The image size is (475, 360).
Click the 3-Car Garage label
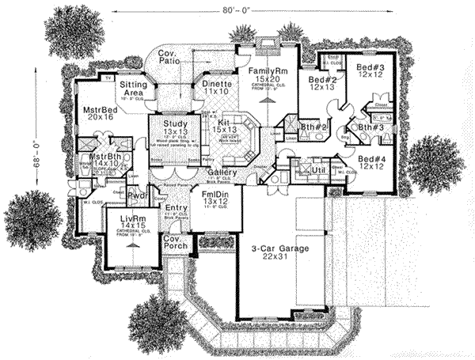coord(278,248)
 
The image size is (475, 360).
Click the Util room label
coord(319,169)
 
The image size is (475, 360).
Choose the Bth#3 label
coord(365,127)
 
